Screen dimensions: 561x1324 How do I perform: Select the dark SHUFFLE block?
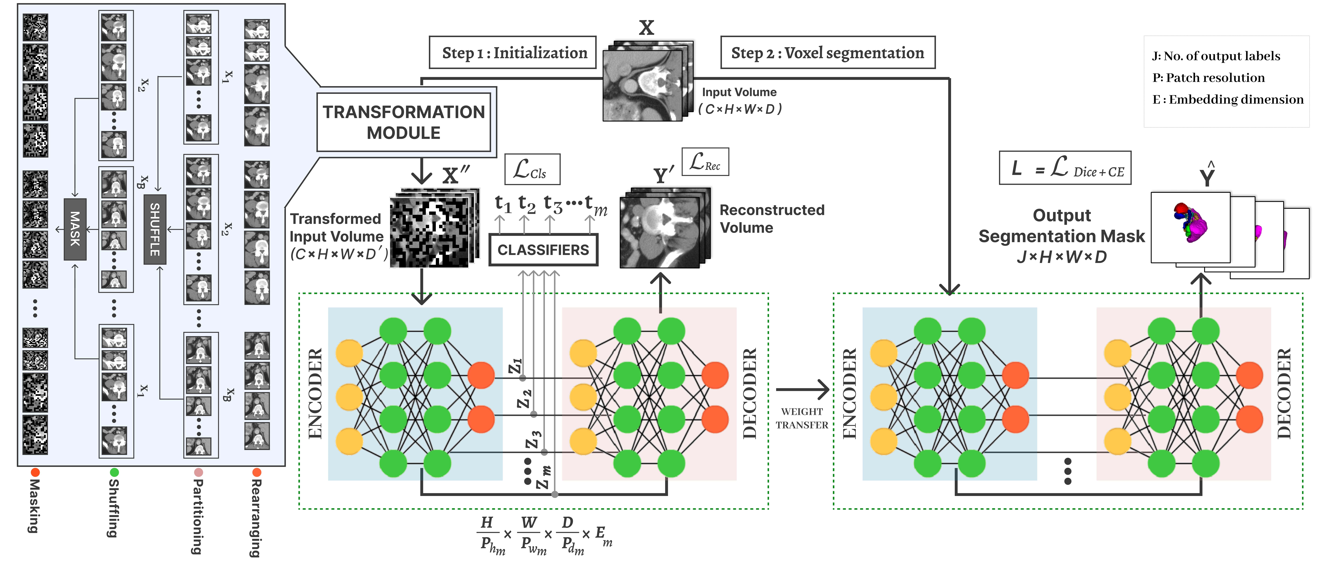click(155, 229)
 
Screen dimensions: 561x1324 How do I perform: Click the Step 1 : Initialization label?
click(513, 52)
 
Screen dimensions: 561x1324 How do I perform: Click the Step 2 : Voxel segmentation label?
click(828, 52)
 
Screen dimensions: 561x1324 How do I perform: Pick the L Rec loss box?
click(705, 162)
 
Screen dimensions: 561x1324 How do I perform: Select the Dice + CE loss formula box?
click(1065, 168)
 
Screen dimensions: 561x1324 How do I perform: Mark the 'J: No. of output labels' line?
click(1216, 56)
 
